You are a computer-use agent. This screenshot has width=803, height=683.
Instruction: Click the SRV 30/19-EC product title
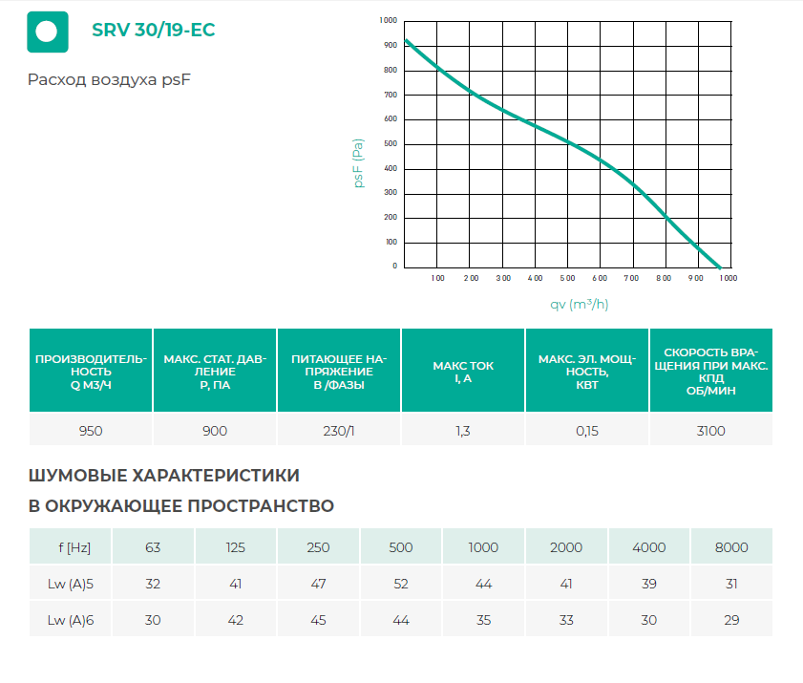(x=153, y=31)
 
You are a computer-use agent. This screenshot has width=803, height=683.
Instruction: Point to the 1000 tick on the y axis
(x=388, y=20)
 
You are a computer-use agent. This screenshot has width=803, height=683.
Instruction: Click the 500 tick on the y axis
(x=390, y=144)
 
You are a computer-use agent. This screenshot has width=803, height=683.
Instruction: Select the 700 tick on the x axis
(x=631, y=278)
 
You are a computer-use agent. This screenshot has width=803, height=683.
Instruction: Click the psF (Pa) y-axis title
(x=359, y=162)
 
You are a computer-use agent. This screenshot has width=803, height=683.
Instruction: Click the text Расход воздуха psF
(x=110, y=80)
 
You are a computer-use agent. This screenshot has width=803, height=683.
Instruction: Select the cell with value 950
(x=91, y=431)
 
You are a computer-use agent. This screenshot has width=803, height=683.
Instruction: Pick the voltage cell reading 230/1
(x=339, y=431)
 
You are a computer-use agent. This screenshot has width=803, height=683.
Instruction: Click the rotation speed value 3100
(x=711, y=431)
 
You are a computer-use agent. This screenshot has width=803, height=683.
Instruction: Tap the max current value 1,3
(x=463, y=431)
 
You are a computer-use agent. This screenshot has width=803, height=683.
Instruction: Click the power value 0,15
(x=587, y=431)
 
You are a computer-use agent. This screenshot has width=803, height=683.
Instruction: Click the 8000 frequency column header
(x=731, y=547)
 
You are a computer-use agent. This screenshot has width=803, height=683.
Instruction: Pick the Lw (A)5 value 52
(x=401, y=584)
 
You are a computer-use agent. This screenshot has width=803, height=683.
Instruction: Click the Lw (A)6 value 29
(x=731, y=620)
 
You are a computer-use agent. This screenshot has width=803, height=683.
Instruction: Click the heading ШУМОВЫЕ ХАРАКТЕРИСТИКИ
(x=164, y=475)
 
